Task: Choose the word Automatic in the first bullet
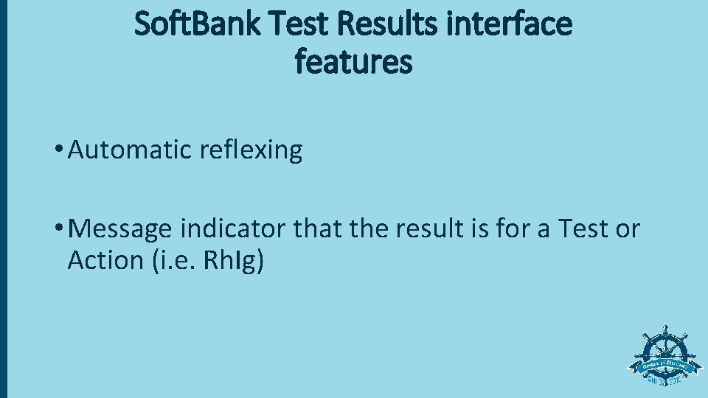pos(131,150)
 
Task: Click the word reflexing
pos(251,150)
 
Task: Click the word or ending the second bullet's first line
pos(627,230)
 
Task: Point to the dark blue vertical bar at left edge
pos(3,199)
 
